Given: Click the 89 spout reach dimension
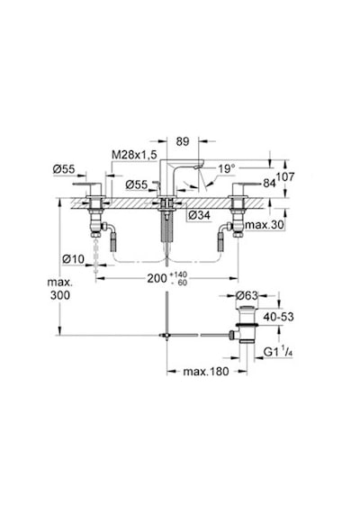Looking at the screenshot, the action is pos(183,141).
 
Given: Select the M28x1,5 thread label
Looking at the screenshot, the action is pos(134,155).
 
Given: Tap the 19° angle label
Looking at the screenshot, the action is pos(227,169).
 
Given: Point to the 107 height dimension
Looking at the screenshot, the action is pos(285,177).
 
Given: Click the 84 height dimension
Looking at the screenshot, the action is pos(269,184).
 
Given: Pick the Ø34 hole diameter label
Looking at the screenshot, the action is pos(199,215).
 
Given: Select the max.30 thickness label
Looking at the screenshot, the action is pos(265,225).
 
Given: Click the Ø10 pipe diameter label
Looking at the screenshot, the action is pos(73,259).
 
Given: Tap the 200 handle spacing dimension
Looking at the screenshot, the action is pos(157,278).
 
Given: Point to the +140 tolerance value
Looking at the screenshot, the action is pos(179,274).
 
